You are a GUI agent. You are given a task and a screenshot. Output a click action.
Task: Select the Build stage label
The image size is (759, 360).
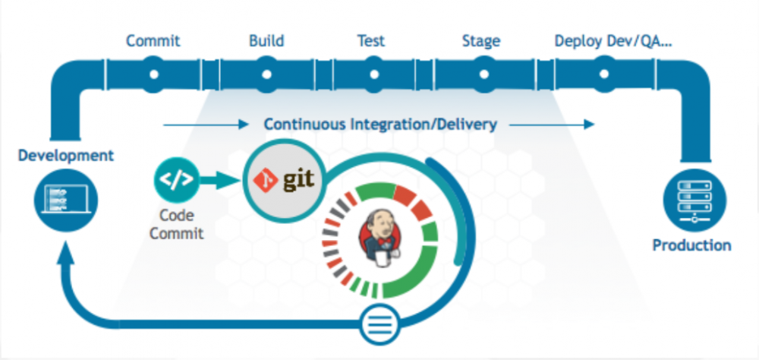(x=266, y=40)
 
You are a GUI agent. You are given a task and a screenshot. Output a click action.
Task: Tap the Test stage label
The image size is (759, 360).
(x=372, y=40)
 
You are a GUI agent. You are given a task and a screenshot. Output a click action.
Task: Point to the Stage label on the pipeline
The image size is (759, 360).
(x=480, y=40)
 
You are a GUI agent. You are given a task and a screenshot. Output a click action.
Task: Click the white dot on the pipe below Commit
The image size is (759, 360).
(x=153, y=75)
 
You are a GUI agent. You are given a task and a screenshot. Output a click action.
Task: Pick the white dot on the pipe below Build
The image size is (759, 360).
(x=266, y=75)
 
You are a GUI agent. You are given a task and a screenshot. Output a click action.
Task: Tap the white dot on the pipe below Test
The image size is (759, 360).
(x=373, y=75)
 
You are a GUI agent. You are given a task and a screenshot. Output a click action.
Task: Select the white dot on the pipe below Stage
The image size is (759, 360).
(x=481, y=75)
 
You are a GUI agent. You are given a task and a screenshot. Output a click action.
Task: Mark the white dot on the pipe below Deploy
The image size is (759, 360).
(x=604, y=75)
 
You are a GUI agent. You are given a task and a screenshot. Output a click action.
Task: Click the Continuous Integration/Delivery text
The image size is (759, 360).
(x=380, y=124)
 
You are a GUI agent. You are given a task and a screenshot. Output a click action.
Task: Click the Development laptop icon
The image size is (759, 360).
(x=66, y=200)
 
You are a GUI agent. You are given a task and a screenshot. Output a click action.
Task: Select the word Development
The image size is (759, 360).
(x=66, y=156)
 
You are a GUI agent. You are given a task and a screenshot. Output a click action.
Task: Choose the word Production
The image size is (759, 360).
(x=691, y=245)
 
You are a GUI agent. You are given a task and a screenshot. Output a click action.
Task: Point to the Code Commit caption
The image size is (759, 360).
(x=176, y=224)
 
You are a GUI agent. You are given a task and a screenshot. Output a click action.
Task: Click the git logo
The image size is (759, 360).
(x=282, y=181)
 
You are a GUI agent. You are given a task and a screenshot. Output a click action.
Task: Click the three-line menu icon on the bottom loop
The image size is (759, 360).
(x=380, y=321)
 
